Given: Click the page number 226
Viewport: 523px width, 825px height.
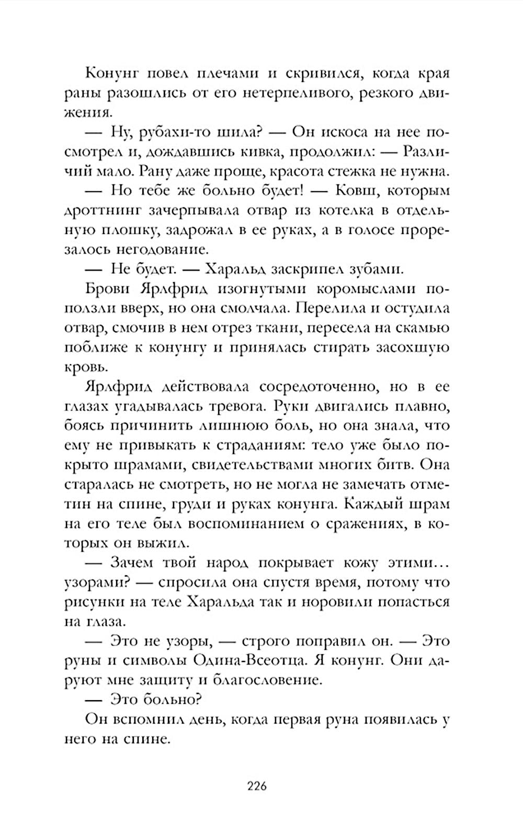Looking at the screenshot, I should point(257,786).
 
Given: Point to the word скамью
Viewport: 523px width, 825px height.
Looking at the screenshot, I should point(423,328).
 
